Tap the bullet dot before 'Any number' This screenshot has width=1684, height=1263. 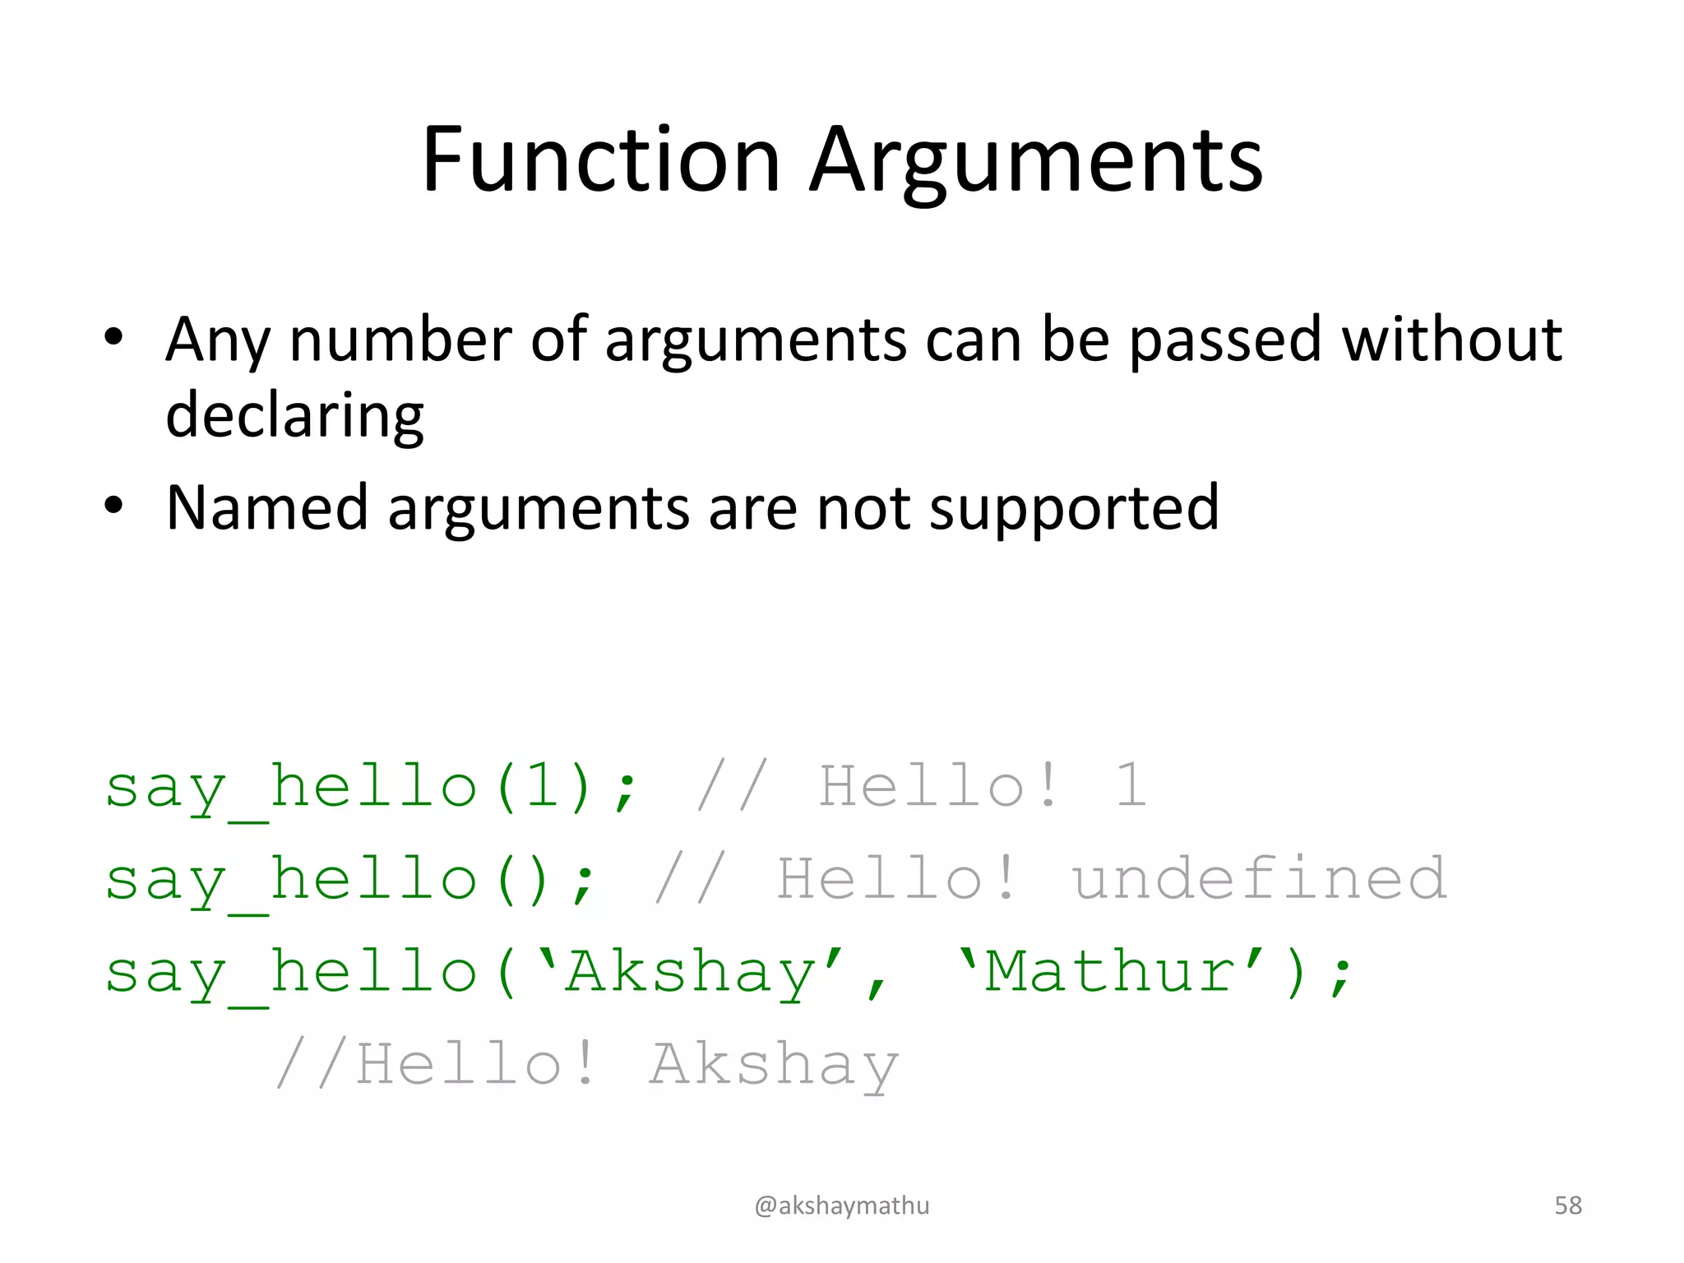[113, 336]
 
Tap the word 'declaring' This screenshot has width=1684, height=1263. [294, 416]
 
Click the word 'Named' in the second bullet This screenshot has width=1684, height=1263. [266, 508]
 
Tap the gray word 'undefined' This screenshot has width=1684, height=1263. [1258, 878]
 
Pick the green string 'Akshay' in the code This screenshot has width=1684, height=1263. [691, 972]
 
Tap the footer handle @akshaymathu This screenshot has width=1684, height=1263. [842, 1205]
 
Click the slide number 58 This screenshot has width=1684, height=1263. [1568, 1205]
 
